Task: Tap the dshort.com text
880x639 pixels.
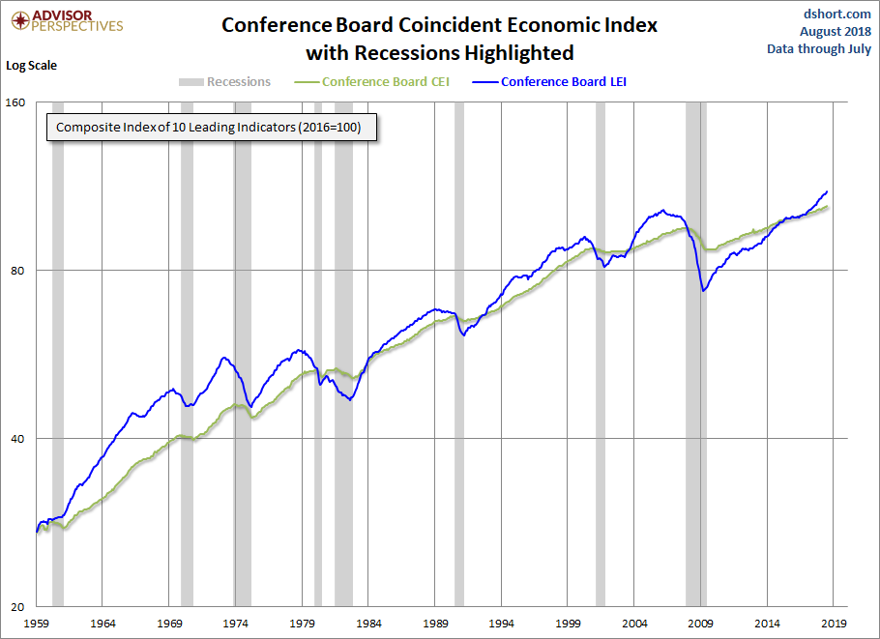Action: (837, 14)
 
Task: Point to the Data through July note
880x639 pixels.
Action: (819, 48)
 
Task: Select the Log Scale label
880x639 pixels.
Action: (32, 66)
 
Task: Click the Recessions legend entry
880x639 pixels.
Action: (225, 82)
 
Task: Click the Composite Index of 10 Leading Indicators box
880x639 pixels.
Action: (209, 127)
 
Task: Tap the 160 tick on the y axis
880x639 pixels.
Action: (16, 102)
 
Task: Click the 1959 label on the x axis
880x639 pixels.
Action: (37, 624)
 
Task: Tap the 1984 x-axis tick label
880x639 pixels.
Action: (369, 624)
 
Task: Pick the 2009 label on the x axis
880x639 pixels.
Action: (701, 624)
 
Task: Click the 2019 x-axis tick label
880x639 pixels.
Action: (834, 624)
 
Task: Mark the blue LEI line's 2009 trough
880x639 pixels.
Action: (703, 290)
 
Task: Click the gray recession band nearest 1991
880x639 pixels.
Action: (459, 354)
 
